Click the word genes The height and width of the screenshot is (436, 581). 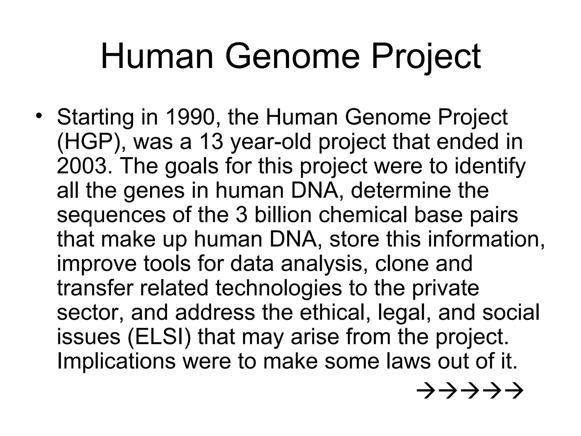click(154, 190)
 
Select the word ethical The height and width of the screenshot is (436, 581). click(335, 313)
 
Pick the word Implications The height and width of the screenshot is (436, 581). click(116, 362)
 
